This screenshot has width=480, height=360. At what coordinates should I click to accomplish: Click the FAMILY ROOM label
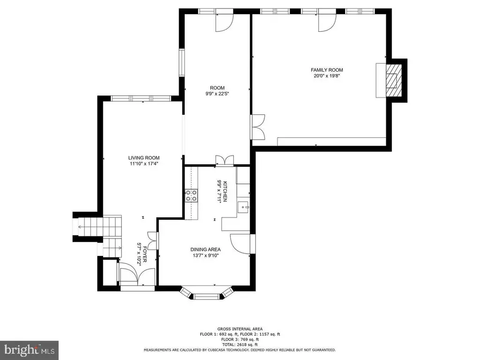(327, 70)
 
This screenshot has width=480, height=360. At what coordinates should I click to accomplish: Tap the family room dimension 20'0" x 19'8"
(327, 76)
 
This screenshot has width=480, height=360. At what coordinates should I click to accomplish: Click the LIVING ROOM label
(144, 158)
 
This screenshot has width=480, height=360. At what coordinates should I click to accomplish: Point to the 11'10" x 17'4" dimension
(144, 164)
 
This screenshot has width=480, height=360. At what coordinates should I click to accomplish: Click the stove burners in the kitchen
(191, 195)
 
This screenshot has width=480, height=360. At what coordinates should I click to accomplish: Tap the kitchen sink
(244, 207)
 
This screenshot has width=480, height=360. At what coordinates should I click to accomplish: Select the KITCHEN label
(225, 192)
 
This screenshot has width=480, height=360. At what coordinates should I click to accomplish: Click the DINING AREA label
(205, 249)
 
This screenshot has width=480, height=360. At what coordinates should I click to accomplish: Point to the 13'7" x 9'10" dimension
(205, 255)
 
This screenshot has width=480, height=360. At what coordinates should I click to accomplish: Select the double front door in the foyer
(137, 277)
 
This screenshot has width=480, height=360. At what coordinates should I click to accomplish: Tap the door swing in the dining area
(240, 244)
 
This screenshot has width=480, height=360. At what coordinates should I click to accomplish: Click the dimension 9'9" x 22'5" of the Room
(217, 94)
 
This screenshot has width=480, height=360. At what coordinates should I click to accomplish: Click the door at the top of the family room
(327, 22)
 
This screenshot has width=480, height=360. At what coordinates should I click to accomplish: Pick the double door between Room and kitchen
(225, 160)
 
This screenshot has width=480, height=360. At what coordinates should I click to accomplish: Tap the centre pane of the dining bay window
(207, 296)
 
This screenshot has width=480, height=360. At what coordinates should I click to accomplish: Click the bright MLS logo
(30, 350)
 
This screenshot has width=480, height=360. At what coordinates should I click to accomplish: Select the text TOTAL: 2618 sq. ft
(240, 345)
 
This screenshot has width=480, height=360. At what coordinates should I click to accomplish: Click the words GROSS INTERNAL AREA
(240, 329)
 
